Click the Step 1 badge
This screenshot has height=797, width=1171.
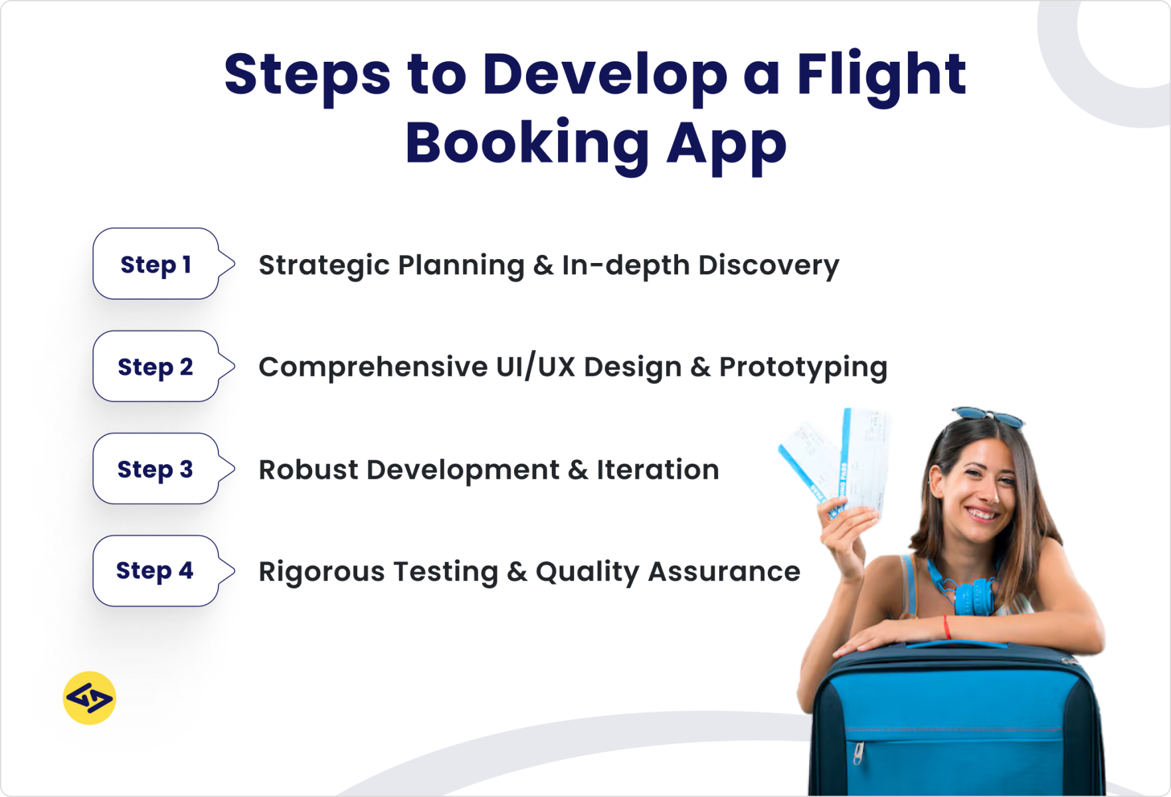[x=156, y=264]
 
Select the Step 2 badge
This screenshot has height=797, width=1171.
[x=156, y=367]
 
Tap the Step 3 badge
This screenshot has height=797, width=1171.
[x=156, y=469]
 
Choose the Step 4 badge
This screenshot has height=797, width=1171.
[x=156, y=571]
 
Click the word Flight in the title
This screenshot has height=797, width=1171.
[x=881, y=74]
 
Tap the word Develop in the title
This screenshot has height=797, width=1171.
[x=604, y=74]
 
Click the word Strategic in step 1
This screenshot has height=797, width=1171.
[x=324, y=266]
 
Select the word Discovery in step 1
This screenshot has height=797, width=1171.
[x=768, y=266]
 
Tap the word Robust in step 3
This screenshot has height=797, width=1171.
[x=308, y=470]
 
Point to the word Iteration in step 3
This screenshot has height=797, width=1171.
[x=658, y=470]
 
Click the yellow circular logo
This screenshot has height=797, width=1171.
[x=90, y=698]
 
